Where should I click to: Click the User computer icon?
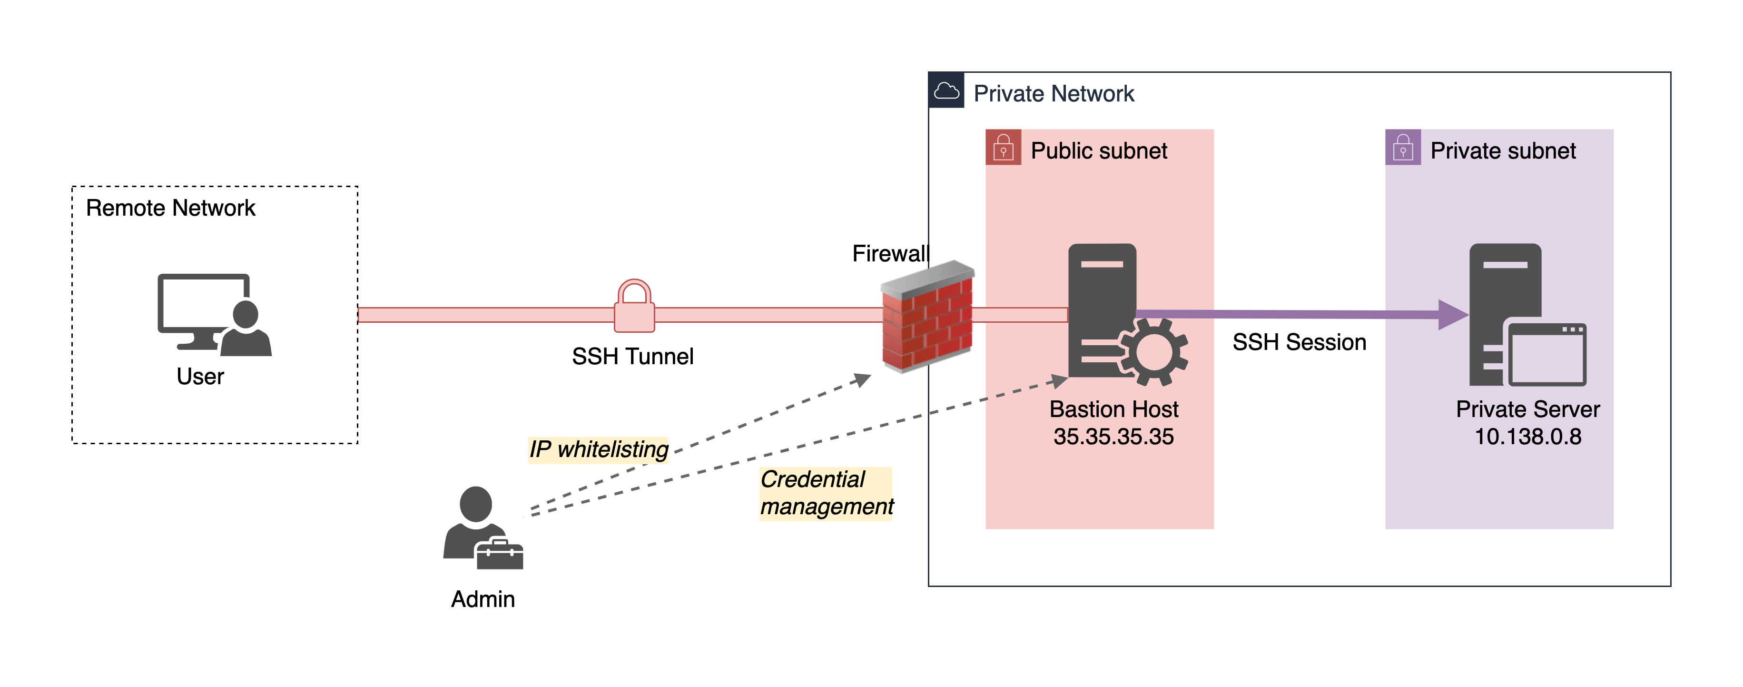[213, 314]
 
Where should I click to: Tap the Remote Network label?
[170, 208]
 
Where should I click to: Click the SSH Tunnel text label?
[633, 356]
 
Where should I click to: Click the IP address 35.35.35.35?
[1113, 437]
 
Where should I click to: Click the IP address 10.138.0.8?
[1528, 437]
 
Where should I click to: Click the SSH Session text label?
[1299, 342]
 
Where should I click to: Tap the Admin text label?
[483, 599]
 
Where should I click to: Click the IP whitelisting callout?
[598, 449]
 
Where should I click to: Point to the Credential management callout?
[826, 493]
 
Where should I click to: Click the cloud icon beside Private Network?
[946, 91]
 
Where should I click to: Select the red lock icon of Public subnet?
[1003, 148]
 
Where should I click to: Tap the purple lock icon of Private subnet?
[1403, 148]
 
